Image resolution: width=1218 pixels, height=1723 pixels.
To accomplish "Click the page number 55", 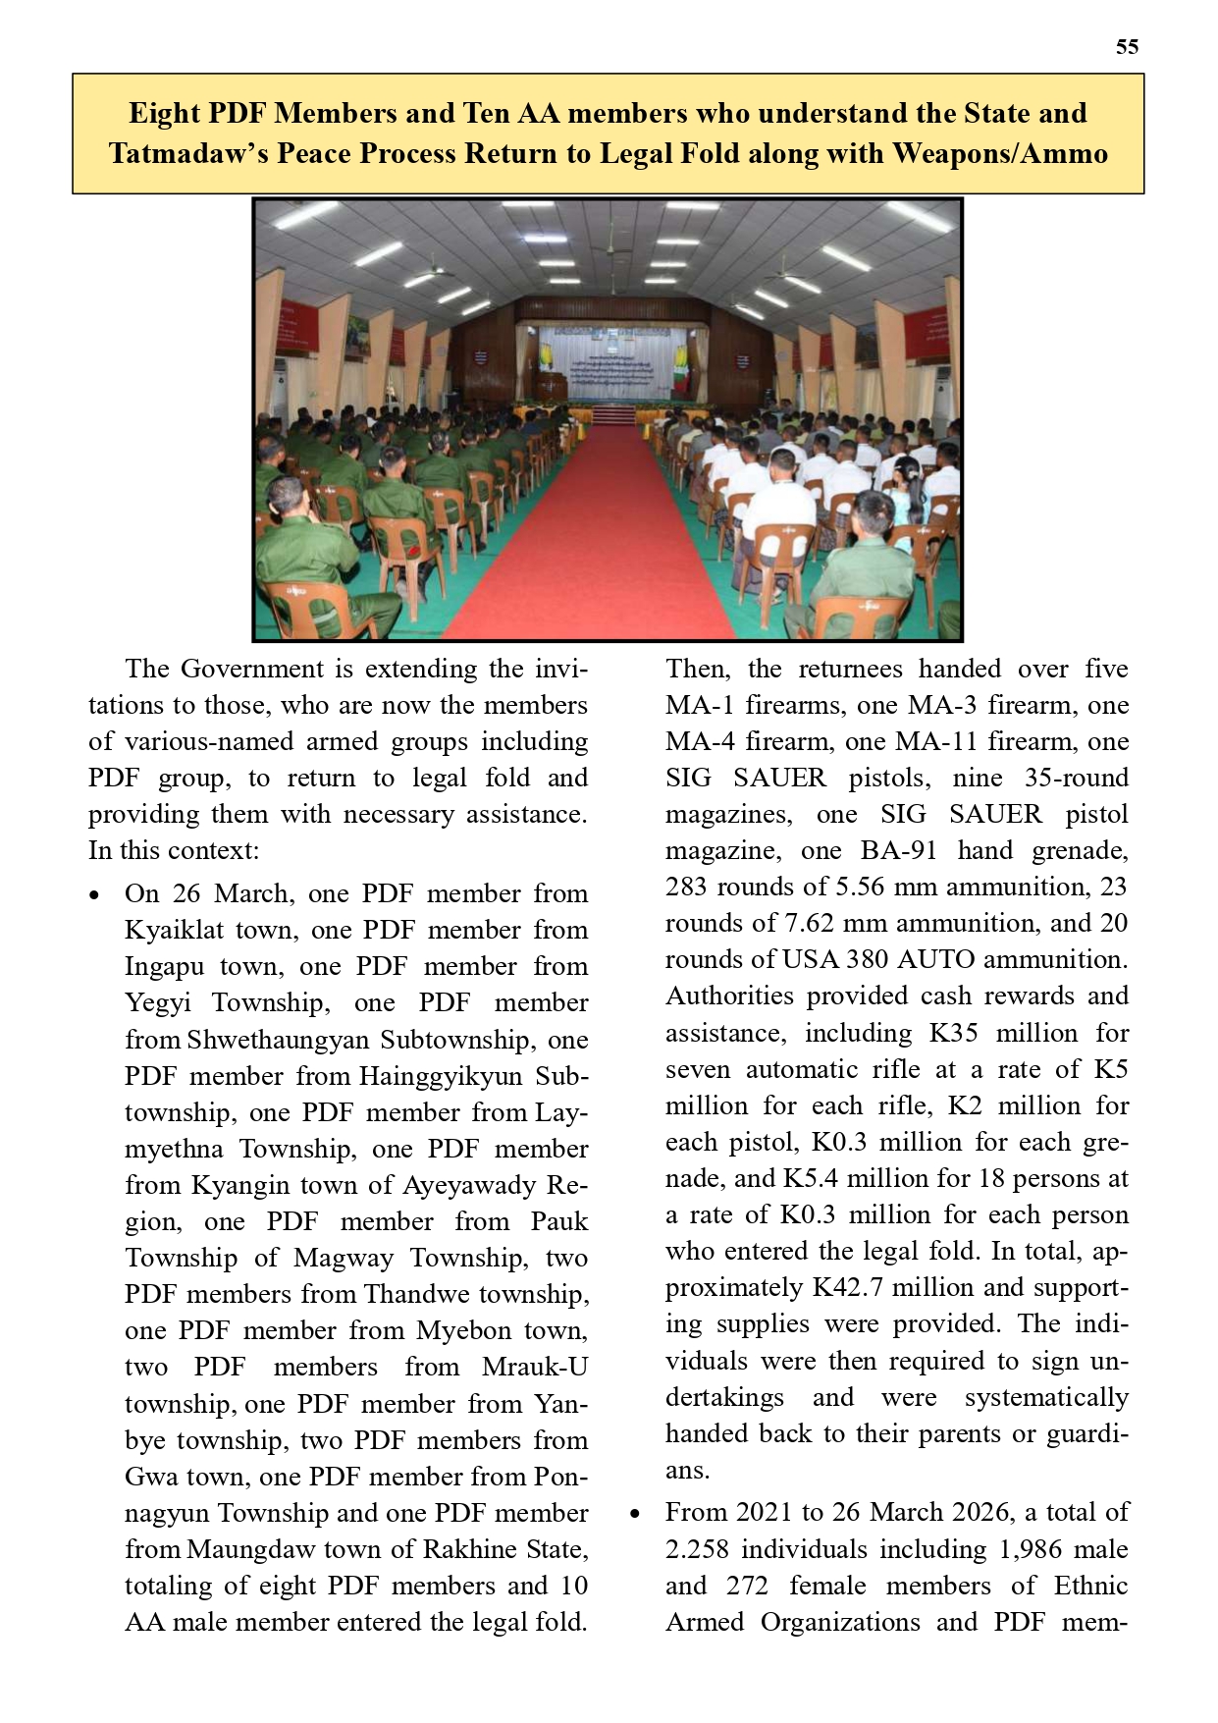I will click(1127, 47).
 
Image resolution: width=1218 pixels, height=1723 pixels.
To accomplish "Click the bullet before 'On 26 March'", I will click(94, 895).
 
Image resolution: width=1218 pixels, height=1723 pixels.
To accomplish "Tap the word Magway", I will click(344, 1259).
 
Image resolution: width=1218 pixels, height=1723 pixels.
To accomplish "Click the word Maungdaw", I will click(246, 1550).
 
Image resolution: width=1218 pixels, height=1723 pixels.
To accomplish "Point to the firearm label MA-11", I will click(939, 742).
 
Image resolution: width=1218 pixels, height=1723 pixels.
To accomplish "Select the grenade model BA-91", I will click(899, 851).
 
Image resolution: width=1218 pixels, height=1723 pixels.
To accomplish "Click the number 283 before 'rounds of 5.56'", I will click(687, 888).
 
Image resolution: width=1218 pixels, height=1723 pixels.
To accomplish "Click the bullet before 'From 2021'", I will click(635, 1514).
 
